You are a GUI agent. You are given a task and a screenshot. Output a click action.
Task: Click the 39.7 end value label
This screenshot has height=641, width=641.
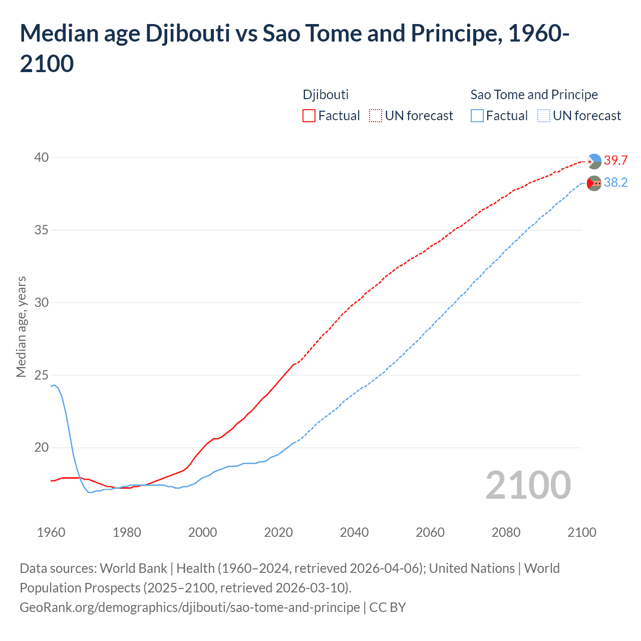click(x=615, y=160)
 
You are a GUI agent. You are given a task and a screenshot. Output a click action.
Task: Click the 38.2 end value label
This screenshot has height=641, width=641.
click(x=615, y=182)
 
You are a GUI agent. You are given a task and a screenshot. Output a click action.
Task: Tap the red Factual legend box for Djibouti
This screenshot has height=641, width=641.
click(x=309, y=116)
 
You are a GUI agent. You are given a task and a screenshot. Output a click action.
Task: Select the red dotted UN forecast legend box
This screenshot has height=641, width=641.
click(x=376, y=116)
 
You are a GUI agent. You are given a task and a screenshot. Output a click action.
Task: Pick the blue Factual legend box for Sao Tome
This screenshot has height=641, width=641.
click(x=477, y=116)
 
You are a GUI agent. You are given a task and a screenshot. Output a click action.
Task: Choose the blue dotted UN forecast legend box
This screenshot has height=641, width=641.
click(x=544, y=116)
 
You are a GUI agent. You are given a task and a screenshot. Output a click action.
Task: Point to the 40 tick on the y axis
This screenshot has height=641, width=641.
click(x=42, y=157)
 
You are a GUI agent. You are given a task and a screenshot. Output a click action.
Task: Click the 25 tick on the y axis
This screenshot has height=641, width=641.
click(x=42, y=375)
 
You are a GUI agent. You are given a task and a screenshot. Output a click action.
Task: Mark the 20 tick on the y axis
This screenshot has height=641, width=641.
click(x=42, y=447)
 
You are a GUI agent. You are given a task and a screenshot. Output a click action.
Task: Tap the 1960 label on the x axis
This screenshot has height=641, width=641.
click(x=51, y=532)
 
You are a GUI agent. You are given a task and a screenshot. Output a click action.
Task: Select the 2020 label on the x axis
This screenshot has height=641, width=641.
click(x=278, y=532)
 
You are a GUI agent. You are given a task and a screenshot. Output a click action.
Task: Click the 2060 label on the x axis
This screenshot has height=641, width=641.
click(x=430, y=532)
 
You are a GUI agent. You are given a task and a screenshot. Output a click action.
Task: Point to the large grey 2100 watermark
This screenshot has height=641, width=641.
click(x=528, y=485)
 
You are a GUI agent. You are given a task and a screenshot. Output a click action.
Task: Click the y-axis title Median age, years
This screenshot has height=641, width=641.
click(x=21, y=327)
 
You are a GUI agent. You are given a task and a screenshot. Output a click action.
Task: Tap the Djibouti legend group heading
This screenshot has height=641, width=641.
click(x=326, y=95)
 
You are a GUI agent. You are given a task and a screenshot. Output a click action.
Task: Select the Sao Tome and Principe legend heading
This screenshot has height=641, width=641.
click(x=534, y=95)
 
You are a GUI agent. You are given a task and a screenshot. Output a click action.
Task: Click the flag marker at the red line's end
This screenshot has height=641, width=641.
click(x=594, y=161)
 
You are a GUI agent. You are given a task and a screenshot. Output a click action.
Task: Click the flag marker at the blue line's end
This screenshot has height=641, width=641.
click(x=594, y=183)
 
